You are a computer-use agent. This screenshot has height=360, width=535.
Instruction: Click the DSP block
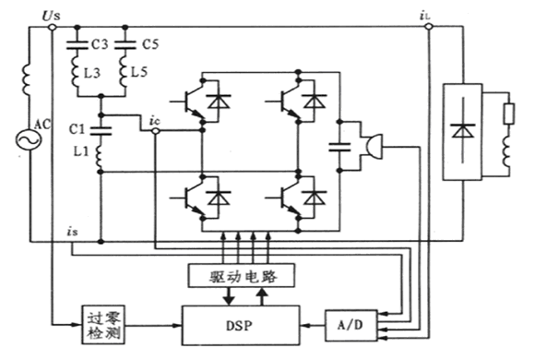pyautogui.click(x=241, y=325)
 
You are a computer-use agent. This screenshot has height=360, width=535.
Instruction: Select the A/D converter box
pyautogui.click(x=351, y=326)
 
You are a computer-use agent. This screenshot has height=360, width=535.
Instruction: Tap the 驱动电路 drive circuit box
pyautogui.click(x=242, y=275)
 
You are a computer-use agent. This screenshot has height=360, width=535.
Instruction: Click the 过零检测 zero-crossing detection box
pyautogui.click(x=103, y=325)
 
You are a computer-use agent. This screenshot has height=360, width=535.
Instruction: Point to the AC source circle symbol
pyautogui.click(x=29, y=139)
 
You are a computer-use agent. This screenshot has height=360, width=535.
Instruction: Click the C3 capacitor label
pyautogui.click(x=100, y=44)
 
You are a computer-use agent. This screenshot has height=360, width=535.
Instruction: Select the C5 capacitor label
pyautogui.click(x=150, y=44)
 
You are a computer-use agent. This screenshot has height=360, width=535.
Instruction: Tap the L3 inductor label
pyautogui.click(x=92, y=73)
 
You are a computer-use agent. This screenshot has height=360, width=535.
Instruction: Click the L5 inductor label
pyautogui.click(x=139, y=72)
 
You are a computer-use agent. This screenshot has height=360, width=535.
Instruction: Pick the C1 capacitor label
pyautogui.click(x=77, y=129)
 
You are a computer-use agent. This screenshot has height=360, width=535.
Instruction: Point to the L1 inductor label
pyautogui.click(x=81, y=151)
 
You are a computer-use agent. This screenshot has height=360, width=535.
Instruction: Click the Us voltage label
pyautogui.click(x=51, y=16)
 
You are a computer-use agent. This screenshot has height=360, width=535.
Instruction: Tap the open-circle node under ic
pyautogui.click(x=155, y=131)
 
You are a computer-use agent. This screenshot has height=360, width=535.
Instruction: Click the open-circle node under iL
pyautogui.click(x=429, y=26)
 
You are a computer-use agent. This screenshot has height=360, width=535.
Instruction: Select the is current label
pyautogui.click(x=72, y=232)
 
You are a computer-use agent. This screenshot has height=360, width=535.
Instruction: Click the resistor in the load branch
pyautogui.click(x=509, y=114)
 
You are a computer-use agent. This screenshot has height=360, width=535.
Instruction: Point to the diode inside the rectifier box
pyautogui.click(x=463, y=131)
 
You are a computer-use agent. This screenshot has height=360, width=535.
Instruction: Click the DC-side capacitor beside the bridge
pyautogui.click(x=339, y=147)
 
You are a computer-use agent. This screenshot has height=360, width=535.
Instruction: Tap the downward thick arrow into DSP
pyautogui.click(x=229, y=295)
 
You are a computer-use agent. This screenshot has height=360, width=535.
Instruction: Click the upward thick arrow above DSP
pyautogui.click(x=262, y=296)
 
